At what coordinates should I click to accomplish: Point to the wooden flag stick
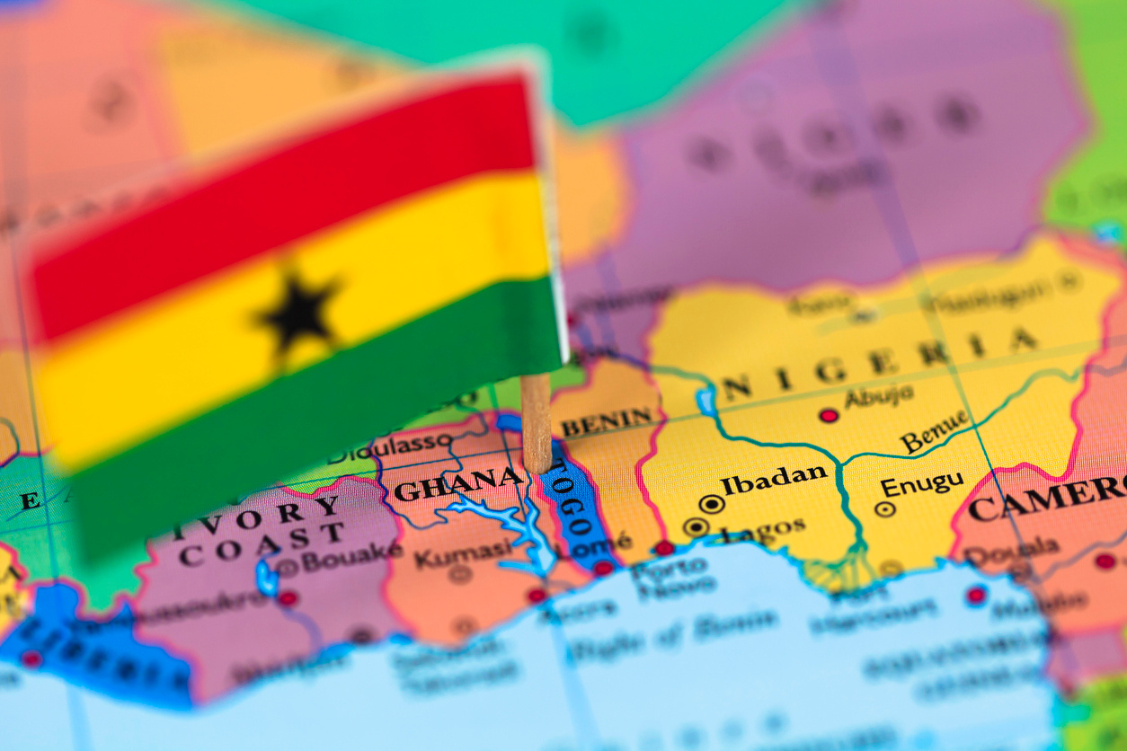click(536, 422)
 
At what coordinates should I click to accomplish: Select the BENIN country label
click(608, 420)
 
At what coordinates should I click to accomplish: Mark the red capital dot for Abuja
click(828, 415)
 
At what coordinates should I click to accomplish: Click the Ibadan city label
click(774, 479)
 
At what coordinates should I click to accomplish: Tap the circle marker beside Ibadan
click(712, 504)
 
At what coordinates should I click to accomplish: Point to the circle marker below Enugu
click(885, 509)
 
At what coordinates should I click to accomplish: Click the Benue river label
click(935, 431)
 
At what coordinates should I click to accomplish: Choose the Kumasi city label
click(462, 552)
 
